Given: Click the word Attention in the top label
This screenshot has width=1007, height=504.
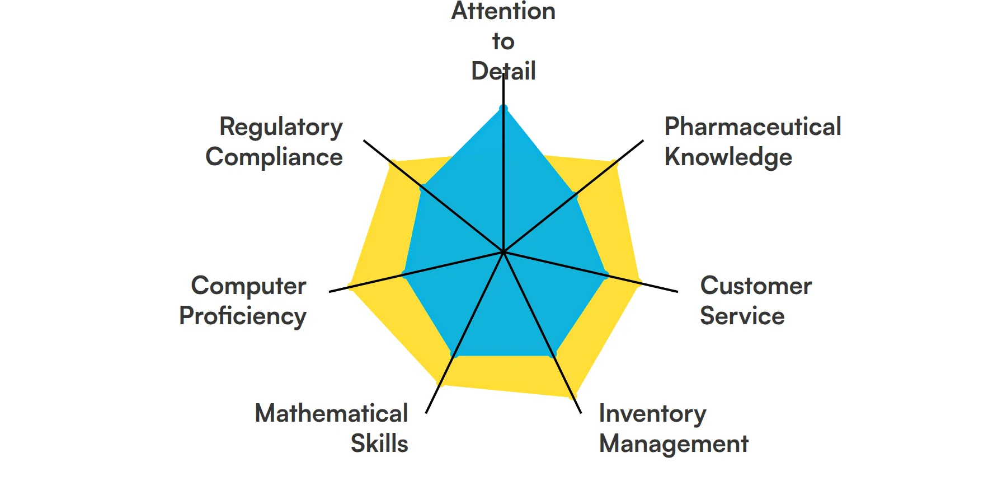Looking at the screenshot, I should pos(503,11).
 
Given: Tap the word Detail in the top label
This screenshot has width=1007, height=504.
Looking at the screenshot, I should pos(503,71).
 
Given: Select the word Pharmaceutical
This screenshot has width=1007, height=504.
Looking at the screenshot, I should pos(752,127).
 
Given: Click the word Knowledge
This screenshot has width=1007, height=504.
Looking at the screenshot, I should pos(728,157).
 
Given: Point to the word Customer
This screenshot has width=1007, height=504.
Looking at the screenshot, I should pos(756,286).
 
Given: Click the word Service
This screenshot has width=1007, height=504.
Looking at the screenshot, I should pos(742,316).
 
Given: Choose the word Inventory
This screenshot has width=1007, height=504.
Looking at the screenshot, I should pos(652,414).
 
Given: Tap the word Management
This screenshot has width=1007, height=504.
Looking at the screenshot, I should pos(674,444).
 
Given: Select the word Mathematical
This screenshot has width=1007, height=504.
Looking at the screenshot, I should pos(331,414).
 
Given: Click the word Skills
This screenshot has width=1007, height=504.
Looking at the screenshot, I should pos(379,444).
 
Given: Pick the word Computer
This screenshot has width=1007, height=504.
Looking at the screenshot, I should pos(248,286).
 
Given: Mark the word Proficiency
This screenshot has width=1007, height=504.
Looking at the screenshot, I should pos(243,316).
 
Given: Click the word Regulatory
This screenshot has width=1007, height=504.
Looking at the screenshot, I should pos(281,127).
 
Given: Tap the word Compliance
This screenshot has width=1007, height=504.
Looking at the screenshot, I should pos(274,157).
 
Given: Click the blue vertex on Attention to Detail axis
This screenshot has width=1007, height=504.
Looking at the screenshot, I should pos(503,108).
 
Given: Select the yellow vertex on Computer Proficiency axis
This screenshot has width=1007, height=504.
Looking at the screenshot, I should pos(350,287).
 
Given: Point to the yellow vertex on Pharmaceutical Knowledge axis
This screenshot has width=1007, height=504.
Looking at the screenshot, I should pos(615,164).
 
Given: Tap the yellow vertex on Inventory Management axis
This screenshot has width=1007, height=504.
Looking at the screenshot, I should pos(573,395).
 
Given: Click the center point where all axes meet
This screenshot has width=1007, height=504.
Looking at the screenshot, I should pos(503,252).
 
